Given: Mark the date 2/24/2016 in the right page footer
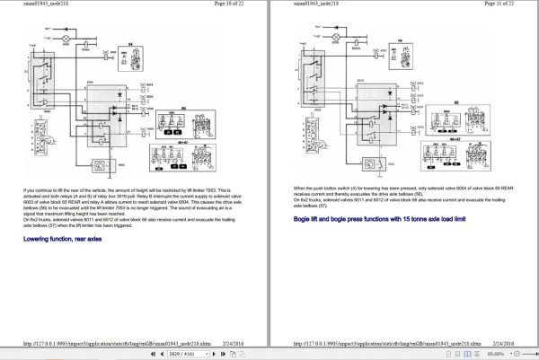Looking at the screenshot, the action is tap(502, 342).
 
